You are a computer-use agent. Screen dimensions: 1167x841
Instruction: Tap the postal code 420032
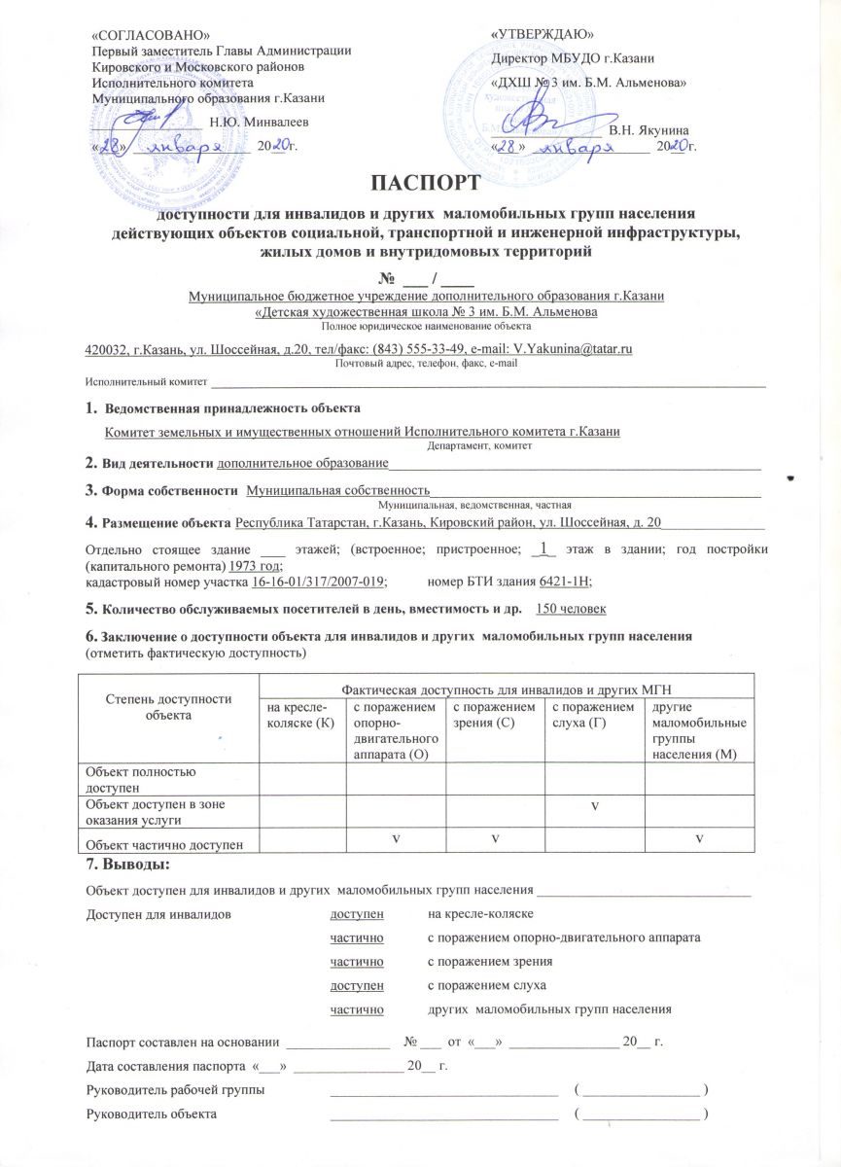coord(104,347)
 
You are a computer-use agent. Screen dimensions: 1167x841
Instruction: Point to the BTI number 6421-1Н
coord(565,581)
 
